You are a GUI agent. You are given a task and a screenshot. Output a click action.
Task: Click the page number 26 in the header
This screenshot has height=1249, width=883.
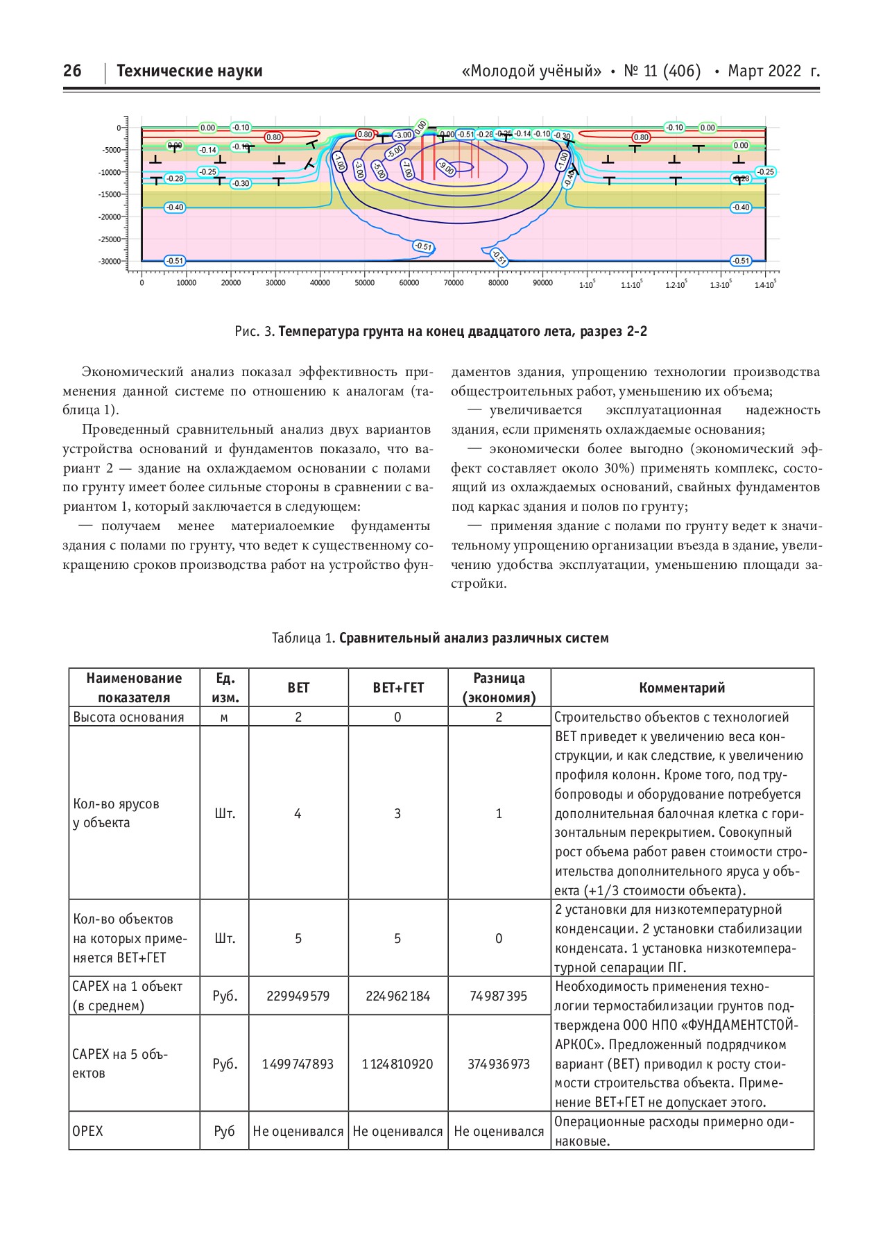[72, 71]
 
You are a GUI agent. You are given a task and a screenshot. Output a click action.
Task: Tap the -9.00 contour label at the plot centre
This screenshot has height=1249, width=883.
[445, 167]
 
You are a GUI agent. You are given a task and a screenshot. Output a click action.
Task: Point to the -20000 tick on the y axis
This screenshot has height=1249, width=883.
[111, 216]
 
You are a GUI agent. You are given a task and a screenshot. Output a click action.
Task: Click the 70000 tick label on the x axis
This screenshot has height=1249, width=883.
[453, 283]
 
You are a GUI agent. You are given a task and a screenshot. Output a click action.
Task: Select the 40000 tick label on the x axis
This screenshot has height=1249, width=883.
[320, 283]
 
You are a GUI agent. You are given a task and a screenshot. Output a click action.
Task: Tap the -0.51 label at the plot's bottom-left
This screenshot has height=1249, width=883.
[175, 261]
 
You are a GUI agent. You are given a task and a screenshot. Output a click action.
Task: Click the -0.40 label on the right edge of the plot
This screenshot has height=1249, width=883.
[741, 207]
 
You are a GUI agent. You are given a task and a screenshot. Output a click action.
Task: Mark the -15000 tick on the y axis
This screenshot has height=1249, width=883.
[111, 194]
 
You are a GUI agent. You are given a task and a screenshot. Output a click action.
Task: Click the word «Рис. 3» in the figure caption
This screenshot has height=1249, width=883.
[255, 332]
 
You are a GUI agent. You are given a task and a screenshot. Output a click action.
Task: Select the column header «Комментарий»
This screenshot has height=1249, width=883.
[682, 688]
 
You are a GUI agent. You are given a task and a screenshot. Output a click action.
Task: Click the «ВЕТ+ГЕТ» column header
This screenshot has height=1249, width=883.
[398, 688]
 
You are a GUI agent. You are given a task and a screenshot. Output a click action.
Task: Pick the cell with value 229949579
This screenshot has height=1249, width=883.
[298, 996]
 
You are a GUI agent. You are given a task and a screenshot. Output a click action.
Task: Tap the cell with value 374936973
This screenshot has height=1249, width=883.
[499, 1064]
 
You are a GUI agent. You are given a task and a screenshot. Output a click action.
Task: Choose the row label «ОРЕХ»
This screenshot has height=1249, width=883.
[88, 1131]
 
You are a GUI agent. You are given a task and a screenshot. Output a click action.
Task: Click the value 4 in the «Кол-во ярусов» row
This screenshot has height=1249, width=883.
[298, 813]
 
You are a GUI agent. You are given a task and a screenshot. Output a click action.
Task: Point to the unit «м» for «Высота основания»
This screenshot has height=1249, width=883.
[224, 717]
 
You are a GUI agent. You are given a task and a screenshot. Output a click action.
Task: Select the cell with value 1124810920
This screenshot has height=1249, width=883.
[397, 1064]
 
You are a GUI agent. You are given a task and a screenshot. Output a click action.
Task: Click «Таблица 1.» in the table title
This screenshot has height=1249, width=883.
[303, 638]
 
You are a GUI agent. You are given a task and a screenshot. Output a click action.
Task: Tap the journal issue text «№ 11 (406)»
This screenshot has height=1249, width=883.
[662, 71]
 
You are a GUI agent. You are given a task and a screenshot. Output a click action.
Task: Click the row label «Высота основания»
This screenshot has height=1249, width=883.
[129, 717]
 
